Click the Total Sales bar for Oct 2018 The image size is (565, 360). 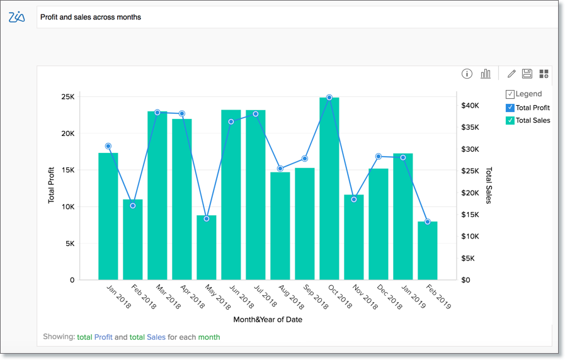(x=329, y=189)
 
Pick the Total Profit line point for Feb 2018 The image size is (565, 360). (x=132, y=206)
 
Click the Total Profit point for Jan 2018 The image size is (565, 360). (x=108, y=146)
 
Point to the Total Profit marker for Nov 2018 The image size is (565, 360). (x=354, y=200)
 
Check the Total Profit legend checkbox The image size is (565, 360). (x=510, y=108)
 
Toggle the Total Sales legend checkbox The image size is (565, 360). (x=510, y=120)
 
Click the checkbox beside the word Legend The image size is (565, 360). (x=510, y=94)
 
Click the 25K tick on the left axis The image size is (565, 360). (x=67, y=97)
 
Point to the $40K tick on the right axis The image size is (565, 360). (x=470, y=106)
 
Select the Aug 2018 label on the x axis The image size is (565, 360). (x=292, y=298)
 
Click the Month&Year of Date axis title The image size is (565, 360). (x=268, y=320)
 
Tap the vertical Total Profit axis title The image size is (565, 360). (x=52, y=185)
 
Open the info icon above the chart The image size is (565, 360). (x=467, y=74)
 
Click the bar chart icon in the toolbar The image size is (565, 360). (x=486, y=74)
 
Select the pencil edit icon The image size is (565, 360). (x=511, y=74)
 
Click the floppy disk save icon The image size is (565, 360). (x=527, y=74)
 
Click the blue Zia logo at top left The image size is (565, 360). (x=17, y=17)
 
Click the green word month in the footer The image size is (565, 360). (x=209, y=337)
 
